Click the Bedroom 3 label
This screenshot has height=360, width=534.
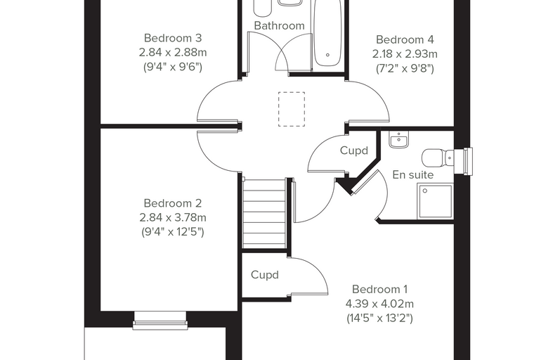click(x=173, y=38)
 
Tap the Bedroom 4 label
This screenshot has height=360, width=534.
click(x=405, y=39)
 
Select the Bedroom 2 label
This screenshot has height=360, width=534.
click(x=173, y=203)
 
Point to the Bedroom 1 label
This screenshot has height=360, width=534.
click(x=379, y=289)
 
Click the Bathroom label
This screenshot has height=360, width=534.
click(x=279, y=25)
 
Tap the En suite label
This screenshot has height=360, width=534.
click(x=412, y=175)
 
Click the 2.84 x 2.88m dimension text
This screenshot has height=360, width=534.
click(x=173, y=53)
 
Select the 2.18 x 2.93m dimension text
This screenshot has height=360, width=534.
click(x=405, y=54)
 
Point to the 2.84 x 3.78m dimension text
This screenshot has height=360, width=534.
click(x=173, y=217)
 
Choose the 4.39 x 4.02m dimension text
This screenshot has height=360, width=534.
click(x=379, y=304)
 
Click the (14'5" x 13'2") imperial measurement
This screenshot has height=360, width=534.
click(x=379, y=318)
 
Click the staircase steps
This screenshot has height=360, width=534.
click(x=264, y=214)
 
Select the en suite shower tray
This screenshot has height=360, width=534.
click(x=435, y=201)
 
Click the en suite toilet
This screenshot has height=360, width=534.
click(x=438, y=157)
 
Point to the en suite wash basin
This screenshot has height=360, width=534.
click(x=399, y=139)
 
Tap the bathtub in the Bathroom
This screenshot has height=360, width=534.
click(x=327, y=33)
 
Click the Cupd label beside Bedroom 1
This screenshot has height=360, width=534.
click(x=265, y=275)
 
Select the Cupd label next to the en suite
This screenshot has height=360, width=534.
click(x=354, y=150)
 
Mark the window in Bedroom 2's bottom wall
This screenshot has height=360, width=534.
click(x=160, y=321)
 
